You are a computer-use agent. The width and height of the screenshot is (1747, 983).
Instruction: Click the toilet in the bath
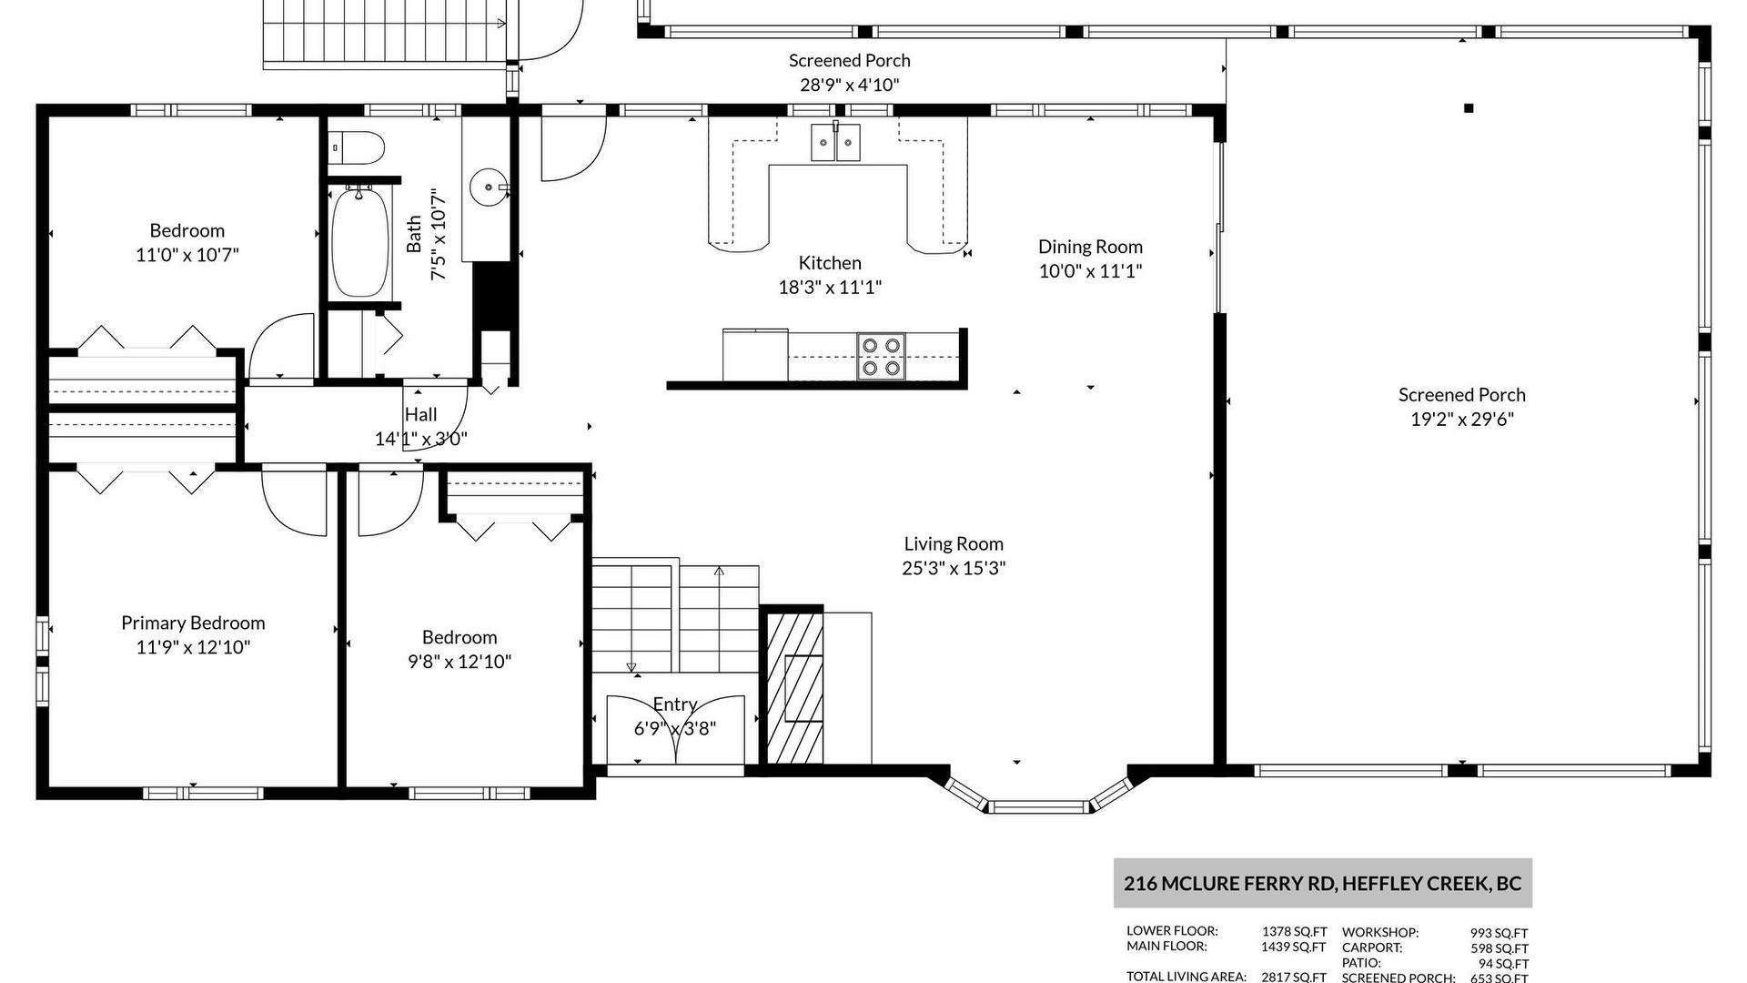(x=357, y=147)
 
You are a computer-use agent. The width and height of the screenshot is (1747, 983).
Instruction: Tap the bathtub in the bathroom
(x=360, y=241)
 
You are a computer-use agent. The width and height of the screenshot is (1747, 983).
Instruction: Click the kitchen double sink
(x=836, y=142)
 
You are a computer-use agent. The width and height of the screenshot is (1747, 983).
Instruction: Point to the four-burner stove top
(x=881, y=356)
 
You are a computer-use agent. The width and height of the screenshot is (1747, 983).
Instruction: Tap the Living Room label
(x=954, y=544)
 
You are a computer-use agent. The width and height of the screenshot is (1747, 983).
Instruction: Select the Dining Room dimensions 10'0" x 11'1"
(x=1090, y=271)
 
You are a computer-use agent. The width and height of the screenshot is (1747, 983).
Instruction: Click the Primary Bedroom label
(x=193, y=623)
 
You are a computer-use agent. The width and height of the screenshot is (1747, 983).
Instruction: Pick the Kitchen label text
(x=830, y=263)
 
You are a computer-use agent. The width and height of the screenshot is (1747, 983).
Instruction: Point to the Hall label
(x=420, y=414)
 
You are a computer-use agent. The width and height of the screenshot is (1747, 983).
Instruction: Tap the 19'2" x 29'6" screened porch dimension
(x=1462, y=420)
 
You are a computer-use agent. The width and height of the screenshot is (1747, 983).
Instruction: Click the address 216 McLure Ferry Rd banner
(x=1323, y=883)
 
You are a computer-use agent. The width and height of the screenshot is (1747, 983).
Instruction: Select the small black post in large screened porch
(x=1469, y=108)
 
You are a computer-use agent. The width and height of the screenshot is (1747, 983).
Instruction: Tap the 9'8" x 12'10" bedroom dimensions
(x=459, y=662)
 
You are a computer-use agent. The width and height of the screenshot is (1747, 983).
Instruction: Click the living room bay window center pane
(x=1040, y=806)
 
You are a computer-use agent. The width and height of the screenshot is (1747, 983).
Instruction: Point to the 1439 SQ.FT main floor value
(x=1293, y=947)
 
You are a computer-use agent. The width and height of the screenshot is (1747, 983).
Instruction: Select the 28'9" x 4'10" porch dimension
(x=849, y=86)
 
